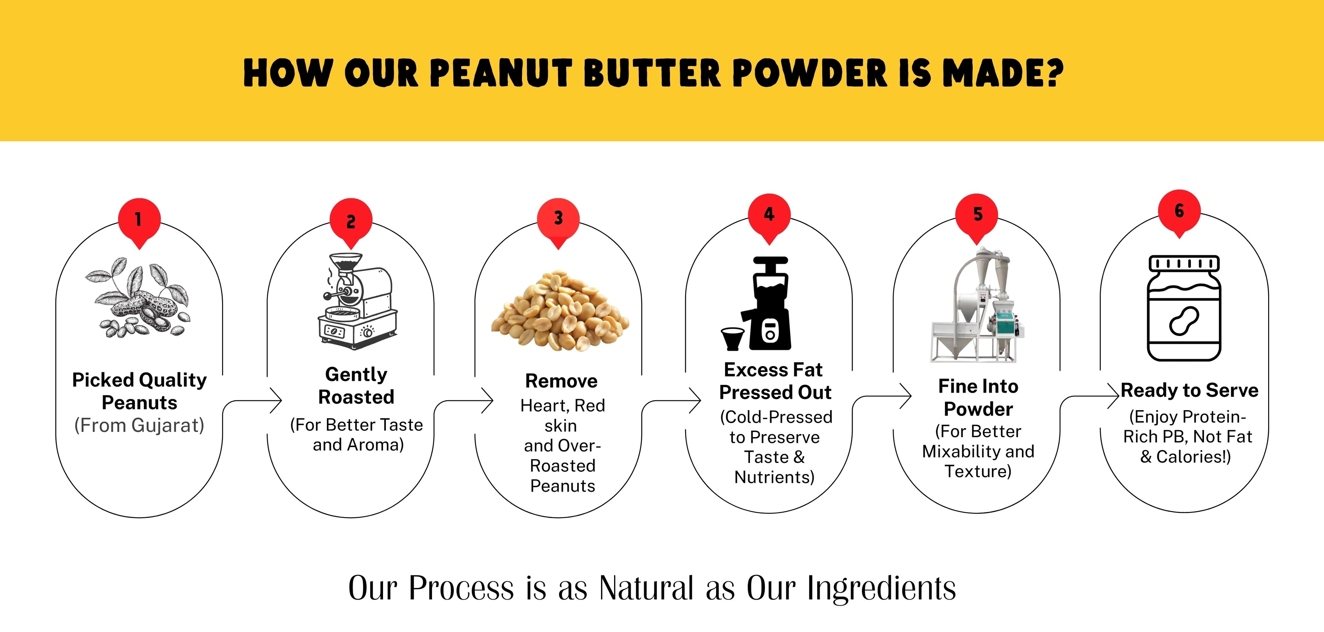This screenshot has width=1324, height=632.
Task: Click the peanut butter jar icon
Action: [x=1184, y=308]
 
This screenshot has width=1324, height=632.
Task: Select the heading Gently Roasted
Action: [x=356, y=386]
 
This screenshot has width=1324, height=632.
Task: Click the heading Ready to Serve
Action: [x=1189, y=390]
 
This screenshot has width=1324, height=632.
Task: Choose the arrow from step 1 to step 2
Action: [x=252, y=401]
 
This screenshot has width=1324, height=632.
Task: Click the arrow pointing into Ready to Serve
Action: [x=1090, y=397]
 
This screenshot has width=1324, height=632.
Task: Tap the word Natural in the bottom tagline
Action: [x=646, y=588]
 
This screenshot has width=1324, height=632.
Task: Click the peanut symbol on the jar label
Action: [x=1184, y=321]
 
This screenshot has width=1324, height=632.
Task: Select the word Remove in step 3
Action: [x=561, y=381]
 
